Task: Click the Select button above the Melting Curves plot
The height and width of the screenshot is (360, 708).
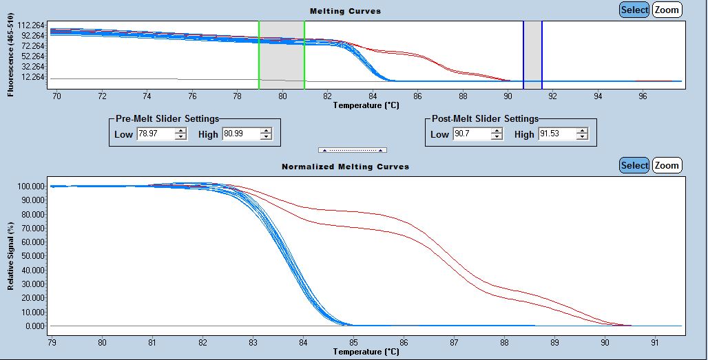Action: pyautogui.click(x=634, y=10)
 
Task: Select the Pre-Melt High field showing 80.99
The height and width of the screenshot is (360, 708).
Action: pyautogui.click(x=238, y=134)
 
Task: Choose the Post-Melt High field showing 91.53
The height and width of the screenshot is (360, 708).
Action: pyautogui.click(x=556, y=134)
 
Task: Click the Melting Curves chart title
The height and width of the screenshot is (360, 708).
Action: pyautogui.click(x=345, y=11)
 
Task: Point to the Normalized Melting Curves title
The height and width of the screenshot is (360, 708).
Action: pyautogui.click(x=345, y=167)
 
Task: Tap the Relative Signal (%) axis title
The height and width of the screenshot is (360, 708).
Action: pyautogui.click(x=11, y=255)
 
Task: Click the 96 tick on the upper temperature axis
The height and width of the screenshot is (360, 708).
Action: pyautogui.click(x=643, y=96)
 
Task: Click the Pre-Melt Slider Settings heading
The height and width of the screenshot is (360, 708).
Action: pyautogui.click(x=167, y=119)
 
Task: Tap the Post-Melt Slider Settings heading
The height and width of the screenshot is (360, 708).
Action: pyautogui.click(x=484, y=119)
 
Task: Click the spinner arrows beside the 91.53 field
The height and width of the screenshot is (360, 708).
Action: pyautogui.click(x=583, y=134)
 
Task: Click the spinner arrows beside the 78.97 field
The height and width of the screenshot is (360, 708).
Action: pyautogui.click(x=180, y=134)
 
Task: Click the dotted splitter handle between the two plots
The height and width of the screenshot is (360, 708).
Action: pyautogui.click(x=352, y=150)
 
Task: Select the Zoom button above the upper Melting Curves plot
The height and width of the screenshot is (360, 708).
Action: pyautogui.click(x=666, y=10)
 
